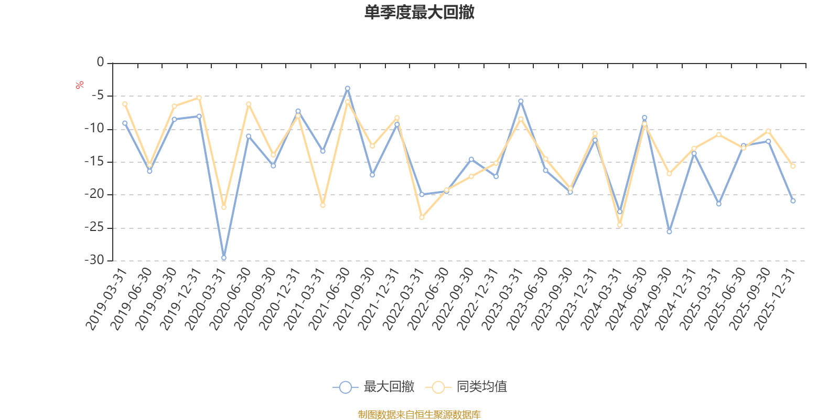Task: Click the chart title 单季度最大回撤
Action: (419, 13)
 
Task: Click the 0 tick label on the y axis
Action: (100, 62)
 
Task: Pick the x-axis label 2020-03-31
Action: (206, 299)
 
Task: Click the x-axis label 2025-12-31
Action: (775, 299)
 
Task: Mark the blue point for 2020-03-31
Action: (224, 258)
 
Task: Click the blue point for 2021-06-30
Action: (347, 88)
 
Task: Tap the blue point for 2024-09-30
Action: (669, 232)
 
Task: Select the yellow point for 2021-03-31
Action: (322, 205)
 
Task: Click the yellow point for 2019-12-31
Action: (199, 98)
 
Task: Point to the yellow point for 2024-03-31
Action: (620, 225)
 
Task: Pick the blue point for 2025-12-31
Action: (793, 201)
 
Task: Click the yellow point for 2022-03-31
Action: (422, 217)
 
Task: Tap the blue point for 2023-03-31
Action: (521, 101)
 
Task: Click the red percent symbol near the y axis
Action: (80, 85)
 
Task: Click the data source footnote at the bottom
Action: (419, 415)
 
